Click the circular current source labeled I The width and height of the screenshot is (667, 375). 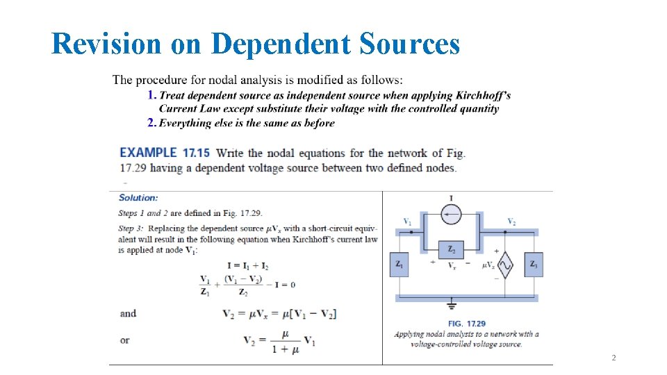[x=452, y=215]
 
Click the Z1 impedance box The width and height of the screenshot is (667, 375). [x=400, y=265]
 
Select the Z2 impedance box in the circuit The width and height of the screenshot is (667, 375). [x=452, y=249]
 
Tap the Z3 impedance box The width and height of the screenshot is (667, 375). [x=534, y=265]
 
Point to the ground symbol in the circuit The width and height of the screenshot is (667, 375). [x=452, y=305]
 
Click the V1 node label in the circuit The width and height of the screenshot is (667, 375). [x=407, y=222]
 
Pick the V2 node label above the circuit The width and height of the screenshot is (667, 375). [x=511, y=222]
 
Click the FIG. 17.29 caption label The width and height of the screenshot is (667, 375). [x=466, y=324]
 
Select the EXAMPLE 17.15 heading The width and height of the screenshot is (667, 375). [x=165, y=153]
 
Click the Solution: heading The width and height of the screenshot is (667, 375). [x=138, y=198]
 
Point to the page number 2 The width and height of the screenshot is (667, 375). [x=614, y=358]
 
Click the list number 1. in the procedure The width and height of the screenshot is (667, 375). [x=151, y=95]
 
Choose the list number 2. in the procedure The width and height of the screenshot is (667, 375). [x=151, y=123]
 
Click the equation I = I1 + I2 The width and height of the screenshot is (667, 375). [x=248, y=266]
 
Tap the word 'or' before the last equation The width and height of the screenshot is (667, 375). [x=124, y=340]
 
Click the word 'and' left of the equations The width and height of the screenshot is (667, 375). [x=128, y=313]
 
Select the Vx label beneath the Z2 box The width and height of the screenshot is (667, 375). [x=452, y=265]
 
